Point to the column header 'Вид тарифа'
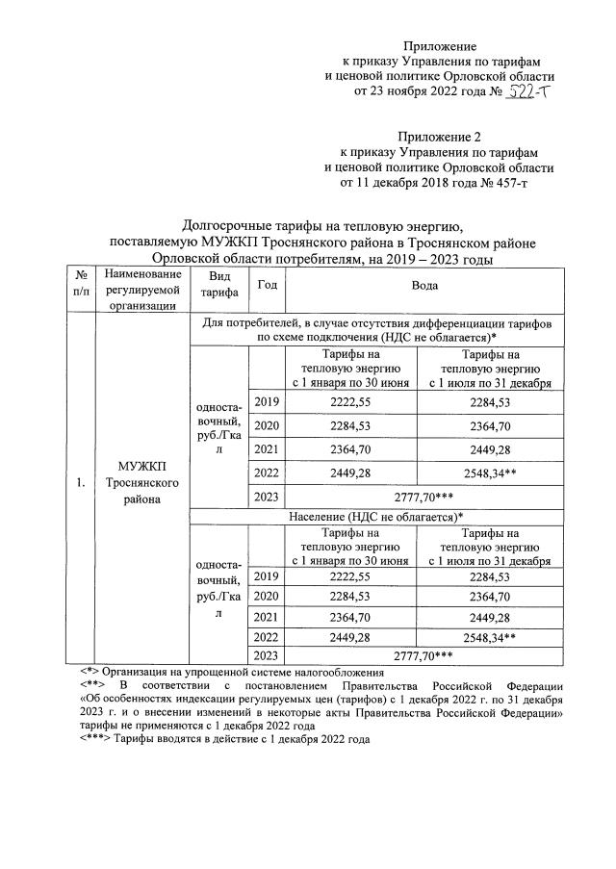pyautogui.click(x=220, y=286)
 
